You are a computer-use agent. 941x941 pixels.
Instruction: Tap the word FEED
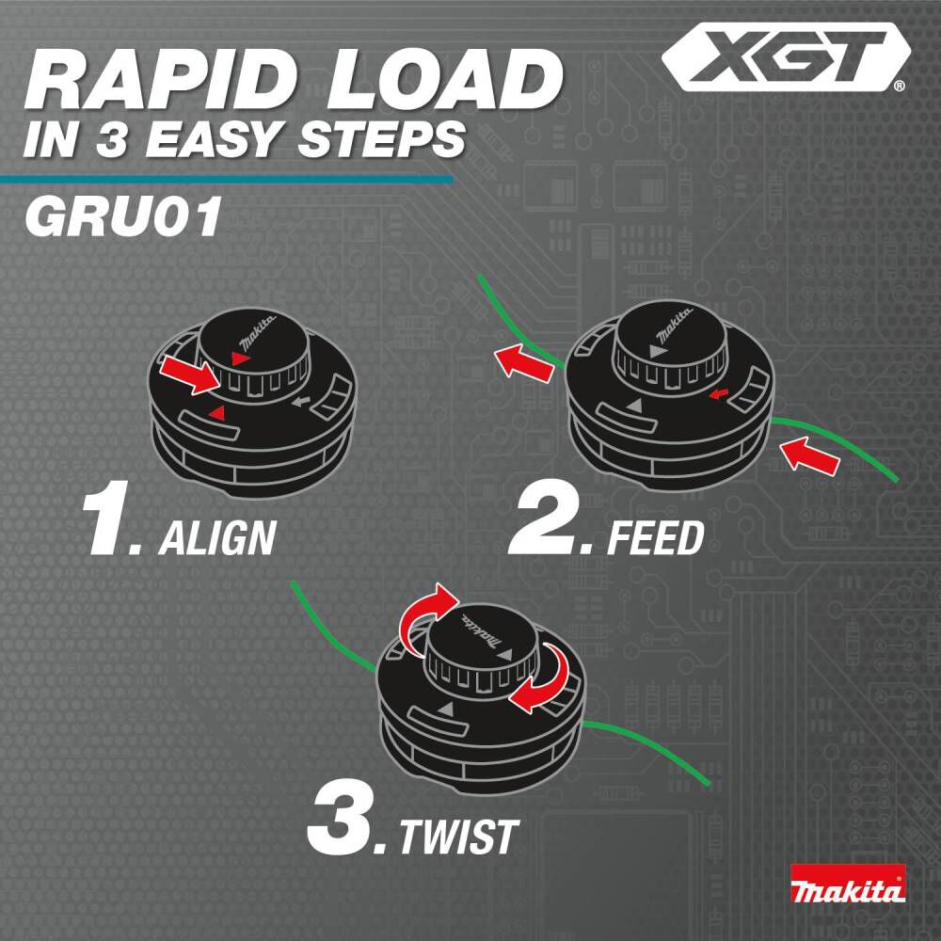(x=656, y=538)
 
